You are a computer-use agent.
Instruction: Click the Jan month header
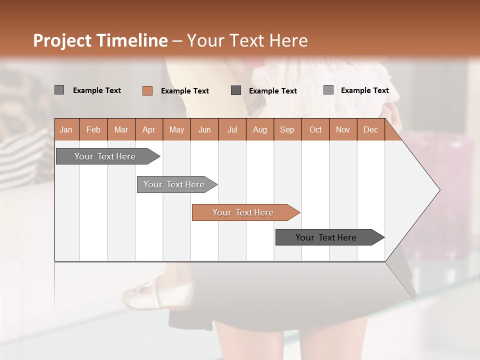[66, 129]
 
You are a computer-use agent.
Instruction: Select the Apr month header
[149, 129]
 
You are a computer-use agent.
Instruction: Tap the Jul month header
[232, 129]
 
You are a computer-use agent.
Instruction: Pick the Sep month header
[287, 129]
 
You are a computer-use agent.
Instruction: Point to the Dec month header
[370, 129]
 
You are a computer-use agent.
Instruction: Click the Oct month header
[315, 129]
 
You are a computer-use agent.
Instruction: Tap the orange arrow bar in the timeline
[244, 212]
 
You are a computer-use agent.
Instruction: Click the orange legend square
[147, 90]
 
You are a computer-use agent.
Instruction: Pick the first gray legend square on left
[59, 90]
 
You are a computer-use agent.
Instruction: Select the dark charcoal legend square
[236, 90]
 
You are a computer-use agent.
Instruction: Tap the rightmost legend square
[328, 90]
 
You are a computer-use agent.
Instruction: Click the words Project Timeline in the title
[100, 40]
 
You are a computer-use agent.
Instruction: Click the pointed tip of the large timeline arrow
[439, 190]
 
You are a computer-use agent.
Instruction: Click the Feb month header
[93, 129]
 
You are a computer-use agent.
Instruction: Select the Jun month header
[204, 129]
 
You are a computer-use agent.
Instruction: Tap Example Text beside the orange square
[185, 91]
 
